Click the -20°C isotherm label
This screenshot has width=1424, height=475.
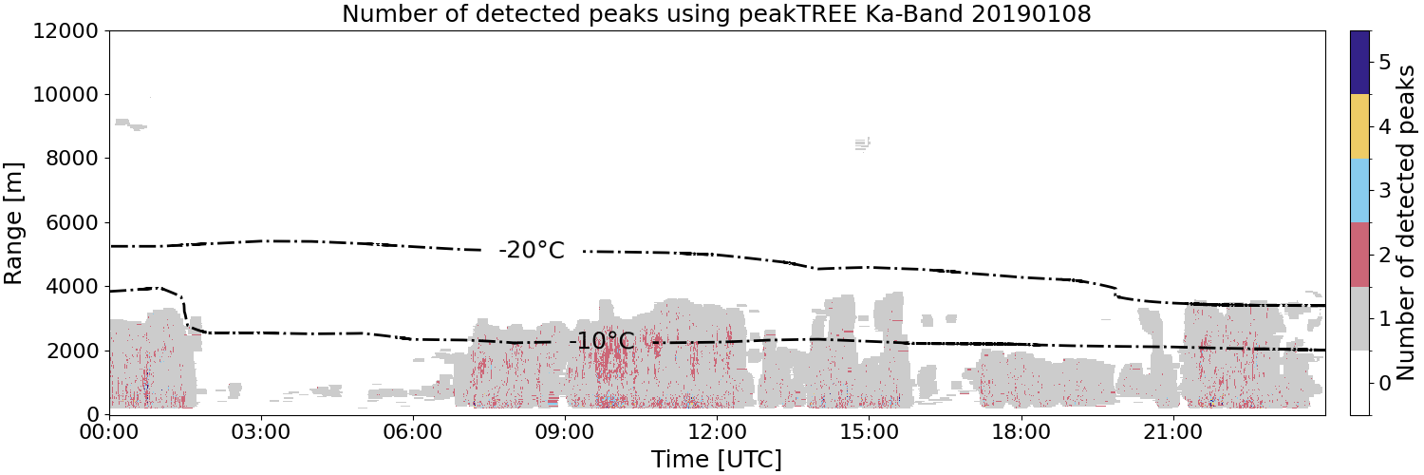tap(532, 250)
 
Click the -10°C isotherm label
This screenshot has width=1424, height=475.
tap(602, 341)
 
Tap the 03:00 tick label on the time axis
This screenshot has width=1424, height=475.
tap(261, 433)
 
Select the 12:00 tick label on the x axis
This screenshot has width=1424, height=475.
tap(717, 433)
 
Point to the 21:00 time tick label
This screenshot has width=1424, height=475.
tap(1172, 433)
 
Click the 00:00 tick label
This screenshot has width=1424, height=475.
tap(110, 433)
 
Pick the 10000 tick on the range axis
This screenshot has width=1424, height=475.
tap(66, 95)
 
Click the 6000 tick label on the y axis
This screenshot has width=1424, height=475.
tap(73, 223)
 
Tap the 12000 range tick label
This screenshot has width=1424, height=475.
tap(66, 30)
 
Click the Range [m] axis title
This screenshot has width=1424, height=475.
tap(12, 223)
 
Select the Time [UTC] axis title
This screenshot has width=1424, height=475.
tap(717, 459)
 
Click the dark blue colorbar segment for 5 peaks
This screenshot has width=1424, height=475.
tap(1359, 63)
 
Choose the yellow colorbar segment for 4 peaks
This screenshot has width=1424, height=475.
tap(1359, 126)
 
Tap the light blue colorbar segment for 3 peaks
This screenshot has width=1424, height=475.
tap(1359, 191)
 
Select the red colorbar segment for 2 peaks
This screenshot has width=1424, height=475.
tap(1359, 255)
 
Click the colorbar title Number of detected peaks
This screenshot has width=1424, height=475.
tap(1406, 222)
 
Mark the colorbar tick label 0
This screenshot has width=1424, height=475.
tap(1384, 383)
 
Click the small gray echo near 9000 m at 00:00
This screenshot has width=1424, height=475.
tap(130, 124)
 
